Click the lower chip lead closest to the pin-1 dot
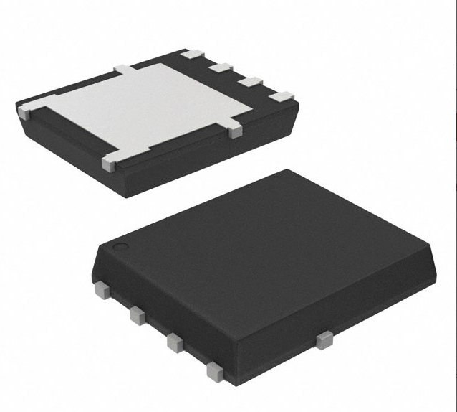point(100,289)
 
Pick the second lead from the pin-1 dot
point(135,314)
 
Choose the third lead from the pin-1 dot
point(174,342)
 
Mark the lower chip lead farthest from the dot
point(213,371)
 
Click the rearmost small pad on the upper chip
point(193,54)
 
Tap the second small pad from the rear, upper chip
point(220,67)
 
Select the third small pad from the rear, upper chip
point(249,81)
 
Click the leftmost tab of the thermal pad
point(25,110)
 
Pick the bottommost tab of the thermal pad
point(109,164)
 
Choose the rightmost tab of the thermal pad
point(234,131)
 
